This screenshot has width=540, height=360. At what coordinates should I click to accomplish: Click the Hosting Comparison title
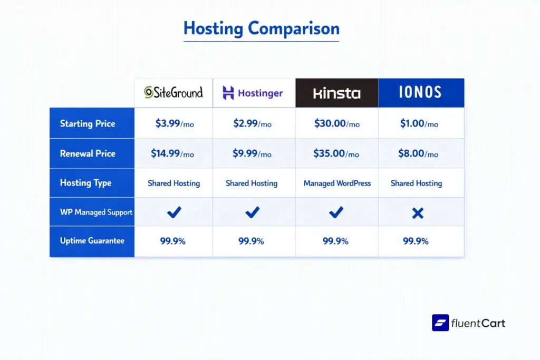point(261,28)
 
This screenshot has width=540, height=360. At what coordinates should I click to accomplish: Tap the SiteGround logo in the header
point(173,93)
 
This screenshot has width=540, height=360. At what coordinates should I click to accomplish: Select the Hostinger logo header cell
point(253,93)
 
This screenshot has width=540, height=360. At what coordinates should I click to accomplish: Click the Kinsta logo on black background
point(336,93)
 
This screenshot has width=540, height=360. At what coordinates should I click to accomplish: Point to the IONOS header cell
point(421,93)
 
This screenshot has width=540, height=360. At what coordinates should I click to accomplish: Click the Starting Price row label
point(88,124)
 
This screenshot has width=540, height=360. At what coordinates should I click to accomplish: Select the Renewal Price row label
point(88,153)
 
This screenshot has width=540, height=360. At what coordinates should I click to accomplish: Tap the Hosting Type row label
point(85,183)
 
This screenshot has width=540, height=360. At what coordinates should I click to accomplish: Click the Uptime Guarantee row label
point(92,241)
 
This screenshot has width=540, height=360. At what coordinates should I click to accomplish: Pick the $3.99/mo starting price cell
point(174,124)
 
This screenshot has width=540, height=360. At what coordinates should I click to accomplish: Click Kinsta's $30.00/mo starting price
point(336,124)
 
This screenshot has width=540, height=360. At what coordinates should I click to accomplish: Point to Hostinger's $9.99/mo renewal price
point(252,154)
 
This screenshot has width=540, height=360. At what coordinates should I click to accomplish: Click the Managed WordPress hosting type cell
point(337,183)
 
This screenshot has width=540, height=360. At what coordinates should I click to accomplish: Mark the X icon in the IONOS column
point(418,213)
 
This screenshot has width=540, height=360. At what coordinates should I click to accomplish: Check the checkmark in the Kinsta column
point(336,212)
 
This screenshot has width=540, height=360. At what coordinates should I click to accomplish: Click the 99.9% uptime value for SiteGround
point(173,241)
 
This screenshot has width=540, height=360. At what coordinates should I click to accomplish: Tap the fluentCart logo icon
point(440,323)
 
